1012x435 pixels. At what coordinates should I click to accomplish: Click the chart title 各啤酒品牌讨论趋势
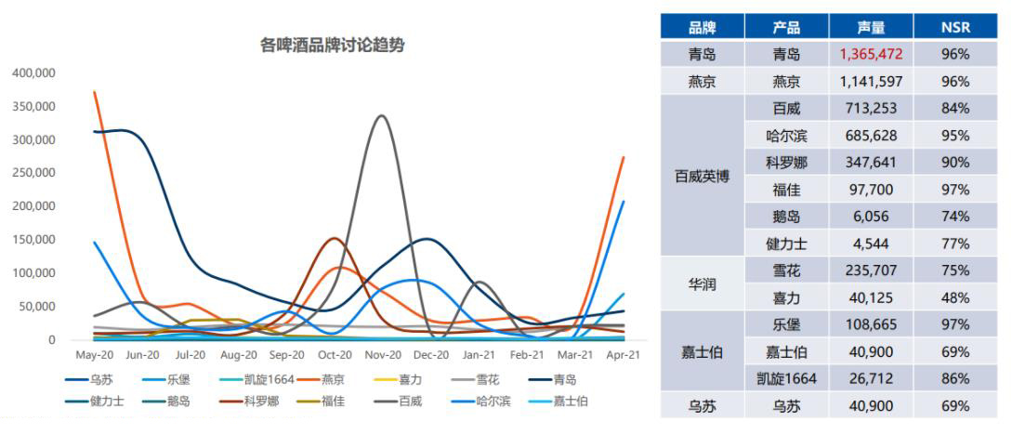(332, 45)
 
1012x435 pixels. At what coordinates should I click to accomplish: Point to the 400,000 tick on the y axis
(33, 72)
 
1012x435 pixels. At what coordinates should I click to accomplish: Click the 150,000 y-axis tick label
(33, 240)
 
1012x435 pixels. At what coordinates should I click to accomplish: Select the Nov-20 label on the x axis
(383, 355)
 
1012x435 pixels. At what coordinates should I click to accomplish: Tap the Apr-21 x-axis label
(623, 355)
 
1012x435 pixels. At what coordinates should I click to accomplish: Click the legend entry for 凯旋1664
(271, 379)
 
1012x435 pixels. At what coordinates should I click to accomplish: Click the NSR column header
(954, 27)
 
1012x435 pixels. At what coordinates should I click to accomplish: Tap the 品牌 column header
(702, 27)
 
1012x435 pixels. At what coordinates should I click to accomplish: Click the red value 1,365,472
(871, 54)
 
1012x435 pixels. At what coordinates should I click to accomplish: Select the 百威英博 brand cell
(702, 177)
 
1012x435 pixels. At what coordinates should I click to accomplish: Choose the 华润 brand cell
(702, 284)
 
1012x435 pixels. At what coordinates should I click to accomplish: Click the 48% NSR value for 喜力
(954, 297)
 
